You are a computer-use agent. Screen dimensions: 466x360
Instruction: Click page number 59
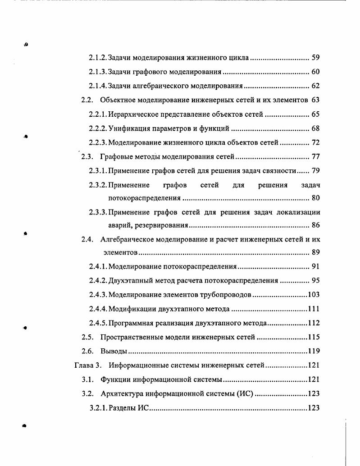[315, 58]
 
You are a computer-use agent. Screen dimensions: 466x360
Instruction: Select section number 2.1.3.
[98, 72]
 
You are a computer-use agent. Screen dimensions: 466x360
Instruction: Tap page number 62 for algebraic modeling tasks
[315, 86]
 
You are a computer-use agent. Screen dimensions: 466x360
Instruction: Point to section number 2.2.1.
[98, 114]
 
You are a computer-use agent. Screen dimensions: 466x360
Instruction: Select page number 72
[315, 142]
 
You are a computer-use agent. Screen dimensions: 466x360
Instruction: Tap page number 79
[315, 171]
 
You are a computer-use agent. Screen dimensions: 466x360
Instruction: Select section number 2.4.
[87, 239]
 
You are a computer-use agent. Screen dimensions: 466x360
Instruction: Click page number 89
[315, 252]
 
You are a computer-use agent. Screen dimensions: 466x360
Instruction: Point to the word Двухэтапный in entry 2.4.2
[129, 280]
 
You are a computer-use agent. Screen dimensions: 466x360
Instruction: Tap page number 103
[314, 295]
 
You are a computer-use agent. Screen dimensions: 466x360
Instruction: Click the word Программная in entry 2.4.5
[129, 323]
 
